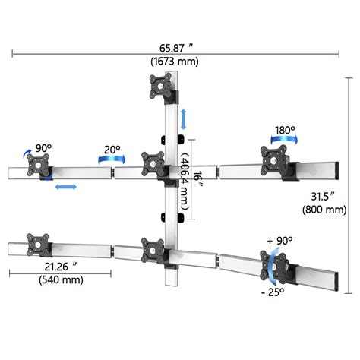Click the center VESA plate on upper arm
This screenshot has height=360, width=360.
click(153, 164)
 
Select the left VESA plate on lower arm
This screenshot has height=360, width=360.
click(36, 245)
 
